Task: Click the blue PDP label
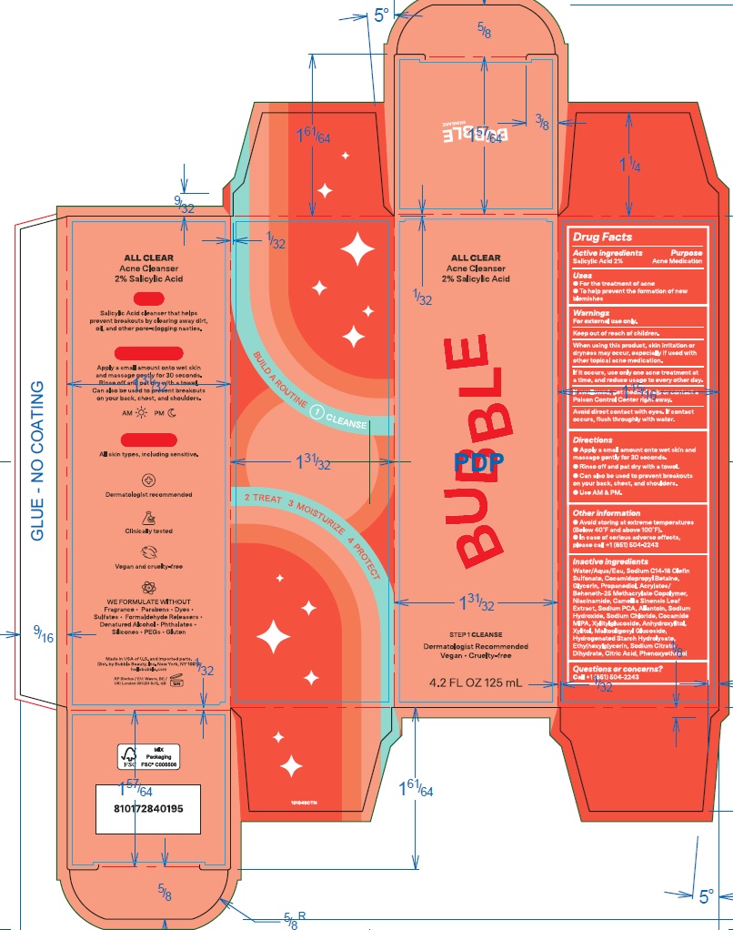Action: (478, 461)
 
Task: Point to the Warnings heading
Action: (590, 312)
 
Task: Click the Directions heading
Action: (593, 440)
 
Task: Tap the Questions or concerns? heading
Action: (618, 669)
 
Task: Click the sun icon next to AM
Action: (141, 412)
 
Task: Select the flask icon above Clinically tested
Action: (148, 516)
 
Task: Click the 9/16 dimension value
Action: (43, 634)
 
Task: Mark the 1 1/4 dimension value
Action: (629, 167)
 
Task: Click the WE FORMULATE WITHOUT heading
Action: (148, 601)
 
